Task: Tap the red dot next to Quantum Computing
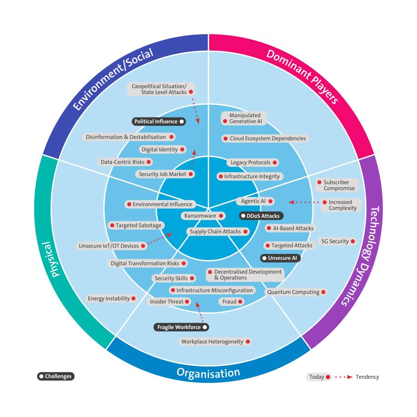pos(323,292)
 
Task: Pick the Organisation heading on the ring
pos(208,374)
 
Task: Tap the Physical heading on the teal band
pos(55,259)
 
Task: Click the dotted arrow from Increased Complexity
pos(305,202)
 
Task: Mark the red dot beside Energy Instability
pos(134,299)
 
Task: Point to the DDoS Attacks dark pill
pos(260,216)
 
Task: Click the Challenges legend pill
pos(56,376)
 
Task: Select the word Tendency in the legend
pos(367,377)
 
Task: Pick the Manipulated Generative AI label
pos(244,118)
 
